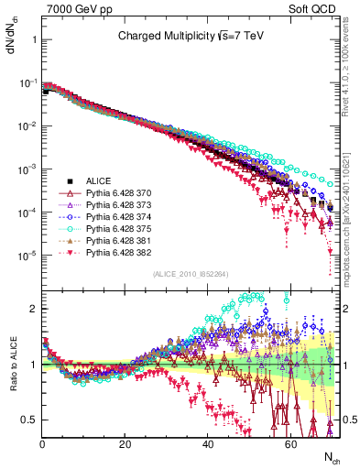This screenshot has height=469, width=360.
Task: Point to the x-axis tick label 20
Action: coord(125,444)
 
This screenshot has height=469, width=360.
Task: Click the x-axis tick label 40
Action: coord(207,444)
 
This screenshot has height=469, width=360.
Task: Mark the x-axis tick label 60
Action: coord(290,444)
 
